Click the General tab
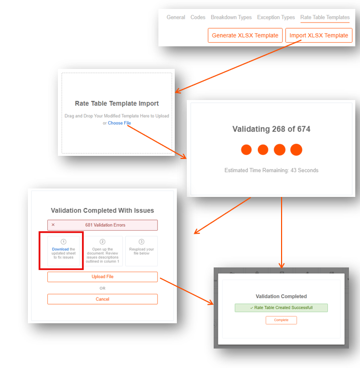tap(176, 17)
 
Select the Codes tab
tap(198, 17)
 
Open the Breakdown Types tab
tap(231, 17)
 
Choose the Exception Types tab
tap(276, 17)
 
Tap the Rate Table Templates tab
tap(325, 17)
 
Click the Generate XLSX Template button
tap(245, 35)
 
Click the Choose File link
tap(119, 123)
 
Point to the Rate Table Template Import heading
tap(117, 104)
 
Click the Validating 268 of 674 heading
tap(271, 129)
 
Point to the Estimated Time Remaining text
tap(271, 171)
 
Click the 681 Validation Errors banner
tap(103, 225)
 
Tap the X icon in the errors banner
tap(53, 225)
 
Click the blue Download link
tap(61, 249)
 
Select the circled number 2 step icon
tap(102, 242)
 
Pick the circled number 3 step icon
tap(142, 242)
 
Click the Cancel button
tap(103, 299)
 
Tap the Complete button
tap(281, 320)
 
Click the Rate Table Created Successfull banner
tap(281, 307)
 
